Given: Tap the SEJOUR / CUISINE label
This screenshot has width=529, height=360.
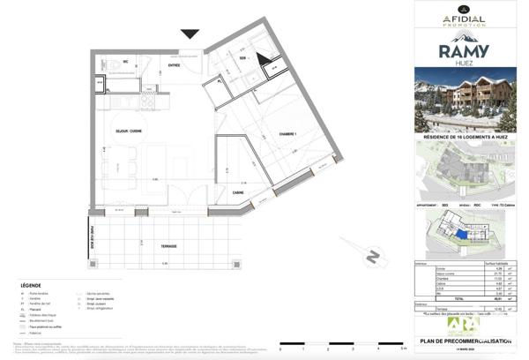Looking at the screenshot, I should click(x=129, y=131).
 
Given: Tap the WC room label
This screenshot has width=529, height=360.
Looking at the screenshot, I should click(x=126, y=61).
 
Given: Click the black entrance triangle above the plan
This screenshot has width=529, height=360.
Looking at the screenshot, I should click(x=190, y=34).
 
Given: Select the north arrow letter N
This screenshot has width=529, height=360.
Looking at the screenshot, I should click(x=374, y=257).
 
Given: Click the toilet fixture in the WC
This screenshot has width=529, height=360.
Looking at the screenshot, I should click(x=115, y=67).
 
